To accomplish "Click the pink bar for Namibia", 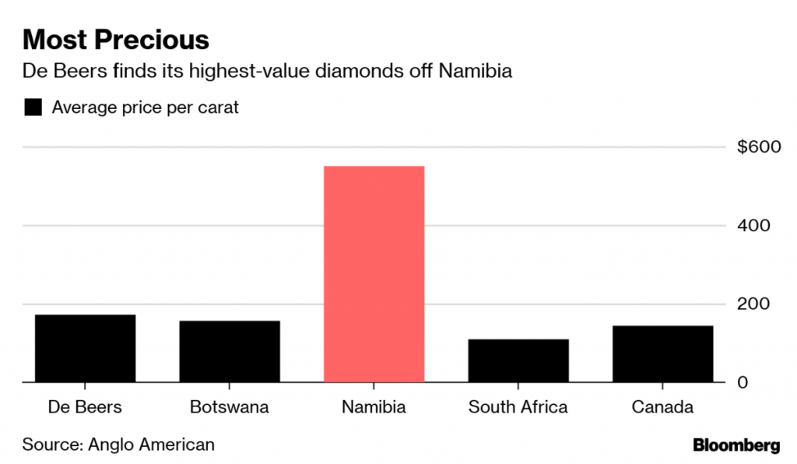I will (x=374, y=274).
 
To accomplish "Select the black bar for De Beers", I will (x=85, y=348).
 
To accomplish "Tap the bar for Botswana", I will (x=230, y=351).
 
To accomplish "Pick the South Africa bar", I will (x=518, y=360).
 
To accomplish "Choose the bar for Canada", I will (x=662, y=353).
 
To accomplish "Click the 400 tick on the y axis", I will (x=754, y=226).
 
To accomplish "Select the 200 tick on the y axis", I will (x=754, y=304).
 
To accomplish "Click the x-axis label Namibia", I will (x=374, y=407).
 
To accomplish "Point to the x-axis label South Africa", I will (x=518, y=407).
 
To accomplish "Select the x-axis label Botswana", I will (x=230, y=407).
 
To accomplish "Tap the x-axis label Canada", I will (x=662, y=407).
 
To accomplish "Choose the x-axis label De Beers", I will (x=85, y=407).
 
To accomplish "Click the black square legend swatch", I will (x=33, y=107).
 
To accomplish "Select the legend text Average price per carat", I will (x=145, y=107).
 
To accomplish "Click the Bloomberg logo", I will (x=736, y=445).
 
